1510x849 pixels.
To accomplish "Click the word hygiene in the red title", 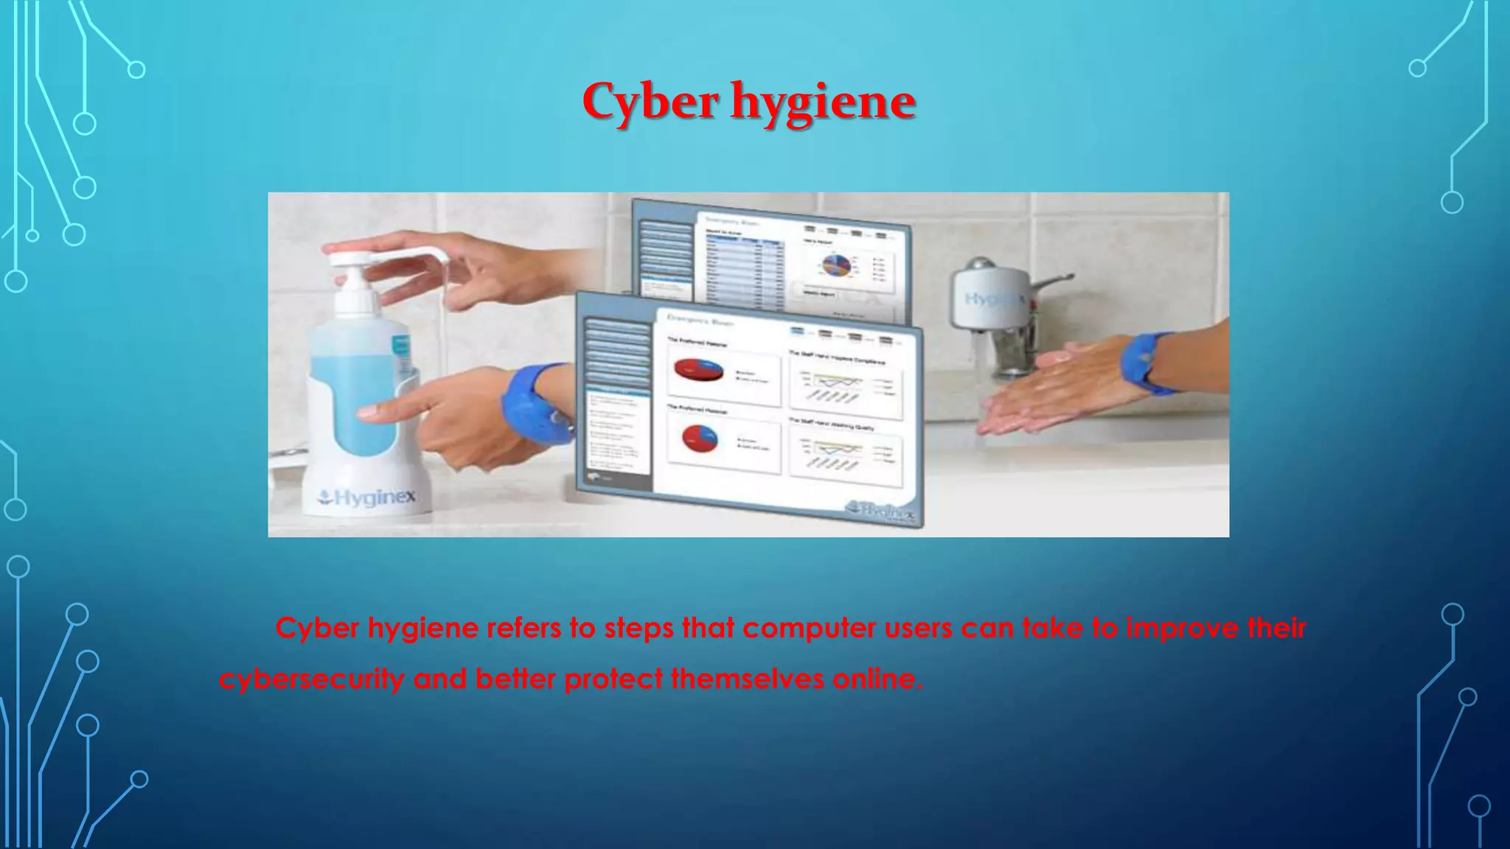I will point(823,103).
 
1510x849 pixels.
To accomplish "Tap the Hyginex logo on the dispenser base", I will point(367,498).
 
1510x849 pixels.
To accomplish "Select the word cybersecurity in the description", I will point(312,679).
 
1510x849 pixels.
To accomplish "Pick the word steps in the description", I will point(639,629).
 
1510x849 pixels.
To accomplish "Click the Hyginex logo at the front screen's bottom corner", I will point(881,510).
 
